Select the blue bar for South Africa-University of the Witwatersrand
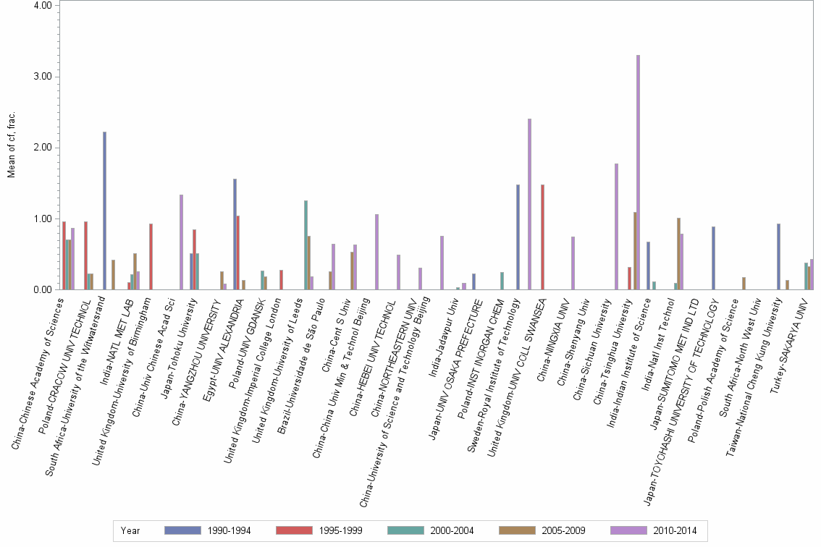104,211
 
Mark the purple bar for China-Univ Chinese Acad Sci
181,242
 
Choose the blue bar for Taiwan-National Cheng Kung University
778,257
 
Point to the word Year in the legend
130,530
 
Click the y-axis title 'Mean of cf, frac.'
10,145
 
